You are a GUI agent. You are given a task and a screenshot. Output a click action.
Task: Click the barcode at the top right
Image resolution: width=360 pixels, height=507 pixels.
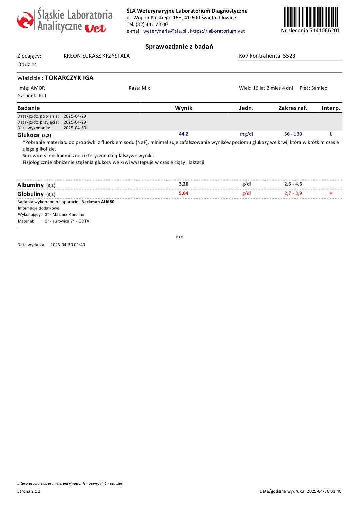click(311, 17)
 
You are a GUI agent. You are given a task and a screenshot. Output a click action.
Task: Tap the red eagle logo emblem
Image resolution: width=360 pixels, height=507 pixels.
click(25, 20)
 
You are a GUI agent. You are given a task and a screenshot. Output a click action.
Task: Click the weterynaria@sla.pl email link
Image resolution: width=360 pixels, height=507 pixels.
click(165, 31)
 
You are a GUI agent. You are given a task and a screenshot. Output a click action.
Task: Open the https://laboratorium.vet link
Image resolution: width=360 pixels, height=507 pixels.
click(217, 31)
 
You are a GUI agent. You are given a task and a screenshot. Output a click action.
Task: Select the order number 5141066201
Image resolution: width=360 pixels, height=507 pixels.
click(325, 31)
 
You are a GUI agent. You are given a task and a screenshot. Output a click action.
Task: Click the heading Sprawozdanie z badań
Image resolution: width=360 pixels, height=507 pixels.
click(179, 47)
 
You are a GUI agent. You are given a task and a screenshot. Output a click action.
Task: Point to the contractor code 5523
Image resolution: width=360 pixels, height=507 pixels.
click(289, 56)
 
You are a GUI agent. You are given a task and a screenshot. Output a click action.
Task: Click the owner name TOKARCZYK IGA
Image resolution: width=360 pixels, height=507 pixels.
click(69, 78)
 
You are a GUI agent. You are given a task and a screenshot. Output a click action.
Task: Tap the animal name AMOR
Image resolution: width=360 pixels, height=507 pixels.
click(38, 88)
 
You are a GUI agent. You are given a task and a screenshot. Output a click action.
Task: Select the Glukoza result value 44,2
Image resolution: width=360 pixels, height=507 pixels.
click(184, 134)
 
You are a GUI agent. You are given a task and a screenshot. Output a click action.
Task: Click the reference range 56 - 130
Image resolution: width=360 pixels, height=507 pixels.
click(293, 134)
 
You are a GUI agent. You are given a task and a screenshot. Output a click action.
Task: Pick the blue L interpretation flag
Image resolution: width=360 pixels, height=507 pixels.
click(331, 134)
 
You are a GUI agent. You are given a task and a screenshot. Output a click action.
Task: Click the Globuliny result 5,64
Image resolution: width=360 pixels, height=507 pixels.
click(184, 193)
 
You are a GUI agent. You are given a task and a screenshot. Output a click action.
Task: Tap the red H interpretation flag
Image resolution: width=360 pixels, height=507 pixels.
click(331, 193)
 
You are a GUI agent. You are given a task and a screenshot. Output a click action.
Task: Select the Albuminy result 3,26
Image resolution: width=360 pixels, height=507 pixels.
click(184, 184)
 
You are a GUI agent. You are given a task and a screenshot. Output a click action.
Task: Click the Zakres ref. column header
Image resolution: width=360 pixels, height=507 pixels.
click(293, 108)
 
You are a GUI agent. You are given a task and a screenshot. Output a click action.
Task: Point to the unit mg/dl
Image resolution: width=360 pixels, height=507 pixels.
click(246, 134)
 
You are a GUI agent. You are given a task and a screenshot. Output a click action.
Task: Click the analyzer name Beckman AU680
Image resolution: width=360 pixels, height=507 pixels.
click(98, 202)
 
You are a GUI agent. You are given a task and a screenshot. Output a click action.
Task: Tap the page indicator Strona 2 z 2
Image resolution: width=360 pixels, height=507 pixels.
click(29, 491)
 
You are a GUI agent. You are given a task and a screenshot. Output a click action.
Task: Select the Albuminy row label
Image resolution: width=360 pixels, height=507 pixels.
click(31, 185)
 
